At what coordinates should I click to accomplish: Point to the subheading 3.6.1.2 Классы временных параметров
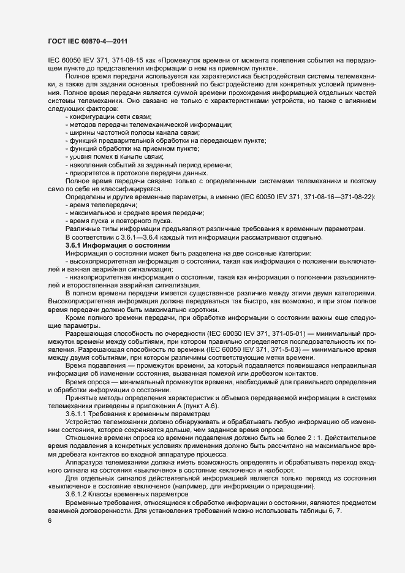click(x=126, y=494)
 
